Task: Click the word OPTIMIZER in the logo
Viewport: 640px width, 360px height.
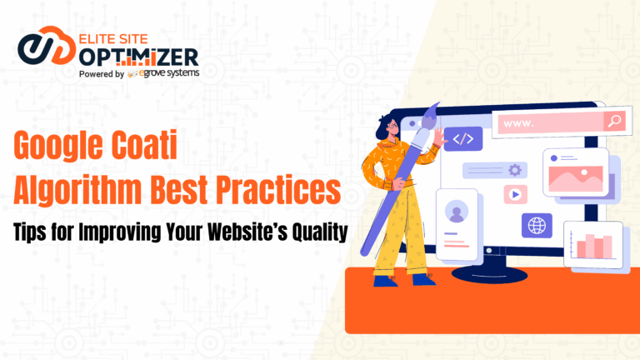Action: pos(141,57)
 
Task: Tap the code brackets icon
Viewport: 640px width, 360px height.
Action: pos(462,137)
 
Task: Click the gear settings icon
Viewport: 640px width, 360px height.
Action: pos(514,170)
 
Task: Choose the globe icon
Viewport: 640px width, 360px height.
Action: pos(537,225)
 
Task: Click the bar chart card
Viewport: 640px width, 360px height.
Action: pos(593,244)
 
